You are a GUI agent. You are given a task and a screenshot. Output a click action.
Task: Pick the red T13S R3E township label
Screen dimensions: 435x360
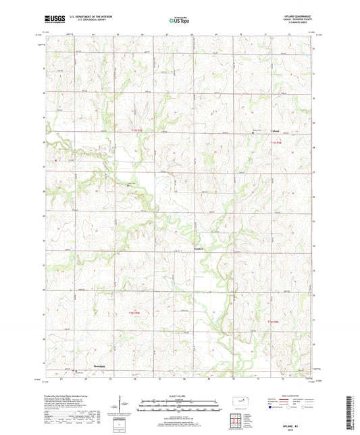click(x=133, y=312)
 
